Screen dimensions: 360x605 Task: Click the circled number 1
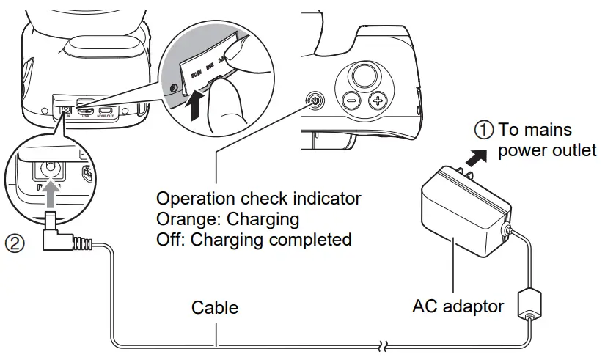click(x=483, y=130)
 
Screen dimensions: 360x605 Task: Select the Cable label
click(x=215, y=306)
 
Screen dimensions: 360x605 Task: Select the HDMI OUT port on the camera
click(x=107, y=112)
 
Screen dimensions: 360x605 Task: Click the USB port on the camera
click(x=86, y=112)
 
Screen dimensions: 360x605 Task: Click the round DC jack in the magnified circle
click(x=49, y=169)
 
